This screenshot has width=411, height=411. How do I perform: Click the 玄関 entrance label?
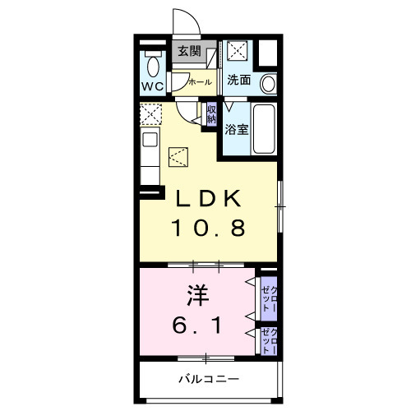click(189, 51)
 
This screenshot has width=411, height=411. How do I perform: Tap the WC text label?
click(153, 86)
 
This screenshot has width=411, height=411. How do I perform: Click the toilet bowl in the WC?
click(153, 67)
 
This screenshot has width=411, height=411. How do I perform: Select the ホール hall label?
click(201, 81)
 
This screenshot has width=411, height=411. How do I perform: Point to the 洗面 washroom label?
click(239, 80)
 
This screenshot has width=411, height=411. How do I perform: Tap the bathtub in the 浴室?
click(264, 129)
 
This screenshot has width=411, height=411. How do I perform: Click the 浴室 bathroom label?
click(237, 129)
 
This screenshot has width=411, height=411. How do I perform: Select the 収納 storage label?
click(211, 114)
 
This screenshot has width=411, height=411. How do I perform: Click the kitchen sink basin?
click(150, 140)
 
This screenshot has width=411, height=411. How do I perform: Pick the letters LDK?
click(208, 199)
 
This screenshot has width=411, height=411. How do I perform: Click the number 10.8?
click(208, 228)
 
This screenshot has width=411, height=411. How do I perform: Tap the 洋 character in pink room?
click(198, 295)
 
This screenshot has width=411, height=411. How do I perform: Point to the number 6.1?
click(196, 325)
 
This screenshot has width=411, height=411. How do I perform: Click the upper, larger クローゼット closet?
click(269, 298)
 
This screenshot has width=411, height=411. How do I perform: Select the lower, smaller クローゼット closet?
click(269, 341)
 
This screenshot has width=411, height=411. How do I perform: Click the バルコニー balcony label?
click(209, 379)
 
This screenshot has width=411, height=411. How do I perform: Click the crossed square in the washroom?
click(238, 50)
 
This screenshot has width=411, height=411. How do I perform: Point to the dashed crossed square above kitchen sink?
click(151, 114)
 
